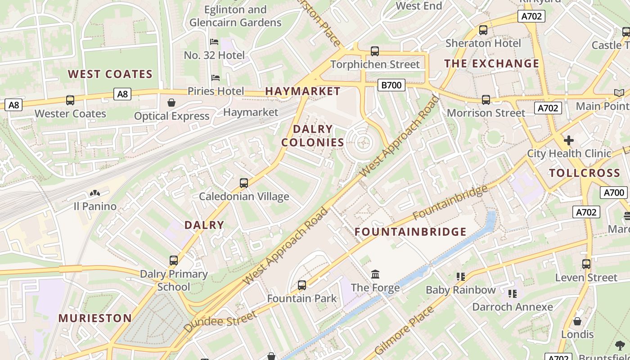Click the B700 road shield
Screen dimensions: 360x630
point(391,85)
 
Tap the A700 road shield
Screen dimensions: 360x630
point(613,193)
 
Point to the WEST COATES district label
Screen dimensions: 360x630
point(110,74)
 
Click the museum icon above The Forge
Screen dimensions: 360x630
point(375,274)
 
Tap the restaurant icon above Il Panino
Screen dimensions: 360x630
point(95,193)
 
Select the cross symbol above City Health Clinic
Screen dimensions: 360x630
point(569,140)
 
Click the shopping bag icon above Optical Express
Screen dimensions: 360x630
point(171,103)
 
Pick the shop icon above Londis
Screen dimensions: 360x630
point(577,321)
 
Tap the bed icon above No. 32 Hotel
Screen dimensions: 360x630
point(214,42)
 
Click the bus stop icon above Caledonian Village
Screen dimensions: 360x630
point(244,183)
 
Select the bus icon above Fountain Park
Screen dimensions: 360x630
point(302,285)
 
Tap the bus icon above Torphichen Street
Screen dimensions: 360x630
point(375,51)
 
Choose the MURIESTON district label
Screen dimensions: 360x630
point(95,318)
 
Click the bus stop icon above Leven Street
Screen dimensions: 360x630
point(586,264)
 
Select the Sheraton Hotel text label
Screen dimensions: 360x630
point(483,43)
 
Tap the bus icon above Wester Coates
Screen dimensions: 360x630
point(70,100)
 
